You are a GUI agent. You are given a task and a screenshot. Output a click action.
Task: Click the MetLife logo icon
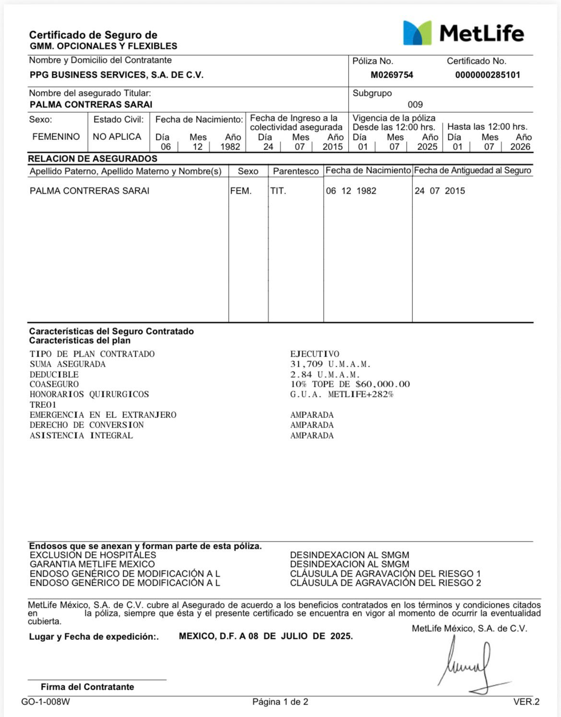pos(417,33)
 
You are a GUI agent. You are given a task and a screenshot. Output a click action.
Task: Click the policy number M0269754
pos(392,75)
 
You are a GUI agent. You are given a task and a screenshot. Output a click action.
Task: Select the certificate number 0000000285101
pos(487,75)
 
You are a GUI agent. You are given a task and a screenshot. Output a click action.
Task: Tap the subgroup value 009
pos(415,104)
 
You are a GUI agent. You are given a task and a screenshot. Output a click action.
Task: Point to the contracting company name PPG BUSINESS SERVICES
pos(117,75)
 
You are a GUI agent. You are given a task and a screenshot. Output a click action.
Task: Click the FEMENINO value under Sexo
pos(56,137)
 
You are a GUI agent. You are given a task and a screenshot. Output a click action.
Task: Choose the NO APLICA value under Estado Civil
pos(117,137)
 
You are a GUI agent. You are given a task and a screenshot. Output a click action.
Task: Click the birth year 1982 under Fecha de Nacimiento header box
pos(230,147)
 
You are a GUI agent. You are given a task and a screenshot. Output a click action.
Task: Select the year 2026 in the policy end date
pos(520,147)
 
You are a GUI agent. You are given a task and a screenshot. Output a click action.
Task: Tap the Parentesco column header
pos(296,171)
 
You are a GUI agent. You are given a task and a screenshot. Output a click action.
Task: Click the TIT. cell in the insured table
pos(278,191)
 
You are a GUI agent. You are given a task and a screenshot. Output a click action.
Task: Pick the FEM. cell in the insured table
pos(241,191)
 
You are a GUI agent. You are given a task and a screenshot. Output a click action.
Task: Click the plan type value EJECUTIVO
pos(315,354)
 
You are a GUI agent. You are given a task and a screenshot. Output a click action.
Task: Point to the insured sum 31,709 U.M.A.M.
pos(330,364)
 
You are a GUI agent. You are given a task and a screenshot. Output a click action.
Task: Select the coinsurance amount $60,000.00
pos(383,384)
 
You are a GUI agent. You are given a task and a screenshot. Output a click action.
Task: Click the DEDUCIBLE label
pos(54,374)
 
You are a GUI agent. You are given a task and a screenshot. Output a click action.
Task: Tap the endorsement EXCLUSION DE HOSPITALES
pos(93,555)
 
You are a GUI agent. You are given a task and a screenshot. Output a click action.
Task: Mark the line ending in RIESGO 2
pos(385,583)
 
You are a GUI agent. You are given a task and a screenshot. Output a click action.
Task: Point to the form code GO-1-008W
pos(46,702)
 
